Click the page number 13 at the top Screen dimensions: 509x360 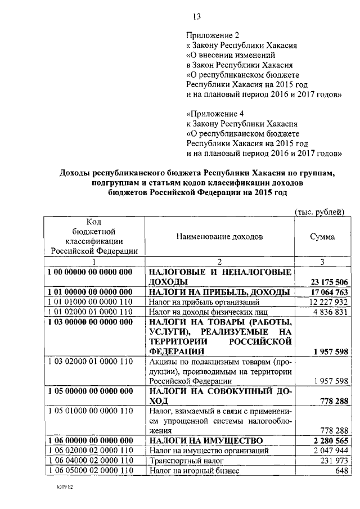196,16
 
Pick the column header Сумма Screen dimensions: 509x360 322,237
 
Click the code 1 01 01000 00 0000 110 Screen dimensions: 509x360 90,302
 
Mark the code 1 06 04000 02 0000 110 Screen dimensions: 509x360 90,460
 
